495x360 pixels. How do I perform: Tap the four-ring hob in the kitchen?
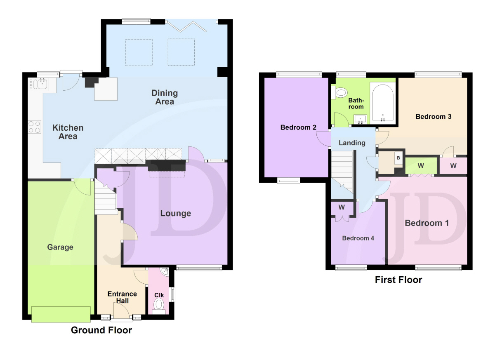tap(35, 127)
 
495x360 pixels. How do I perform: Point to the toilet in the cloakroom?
tap(159, 306)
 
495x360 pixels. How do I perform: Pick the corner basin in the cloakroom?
tap(165, 272)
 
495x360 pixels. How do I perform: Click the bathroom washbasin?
tap(361, 120)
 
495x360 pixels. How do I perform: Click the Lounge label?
tap(176, 213)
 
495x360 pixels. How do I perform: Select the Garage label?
tap(60, 247)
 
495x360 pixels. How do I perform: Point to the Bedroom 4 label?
tap(358, 238)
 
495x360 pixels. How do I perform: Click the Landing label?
tap(352, 143)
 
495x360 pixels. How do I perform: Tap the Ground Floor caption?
tap(101, 330)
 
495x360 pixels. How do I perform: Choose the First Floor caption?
tap(398, 280)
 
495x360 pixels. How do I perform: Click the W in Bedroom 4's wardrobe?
tap(342, 207)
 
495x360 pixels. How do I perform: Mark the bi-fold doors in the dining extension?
tap(187, 26)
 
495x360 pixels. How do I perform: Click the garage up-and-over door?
tap(61, 314)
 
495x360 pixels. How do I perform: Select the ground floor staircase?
tap(106, 197)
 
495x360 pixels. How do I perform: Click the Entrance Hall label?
tap(122, 297)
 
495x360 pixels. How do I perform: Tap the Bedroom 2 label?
tap(298, 127)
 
